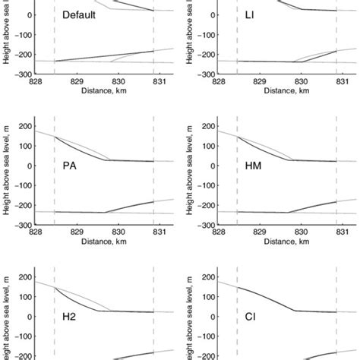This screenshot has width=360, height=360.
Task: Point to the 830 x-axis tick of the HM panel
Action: (302, 232)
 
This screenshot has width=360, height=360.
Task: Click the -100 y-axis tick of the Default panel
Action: (22, 36)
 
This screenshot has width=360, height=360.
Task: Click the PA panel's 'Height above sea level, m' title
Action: (7, 175)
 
